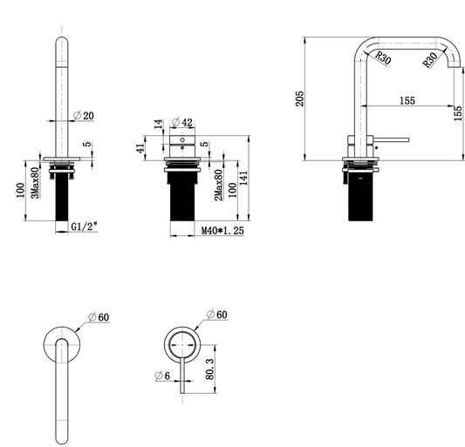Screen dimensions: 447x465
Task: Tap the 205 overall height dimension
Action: click(x=299, y=98)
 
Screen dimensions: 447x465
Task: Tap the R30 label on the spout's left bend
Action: click(x=382, y=59)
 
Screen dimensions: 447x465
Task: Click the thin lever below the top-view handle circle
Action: click(x=183, y=375)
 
